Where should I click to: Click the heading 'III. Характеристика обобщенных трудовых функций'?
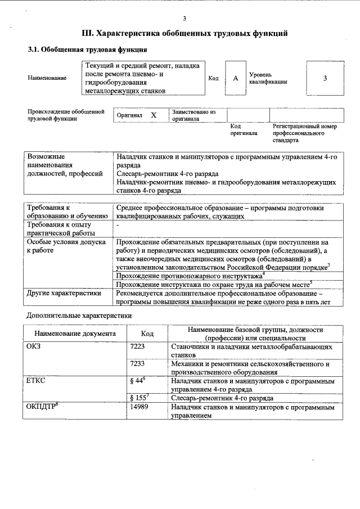185,34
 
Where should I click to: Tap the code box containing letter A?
236,78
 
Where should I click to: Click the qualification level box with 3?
325,78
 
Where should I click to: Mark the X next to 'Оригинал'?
154,115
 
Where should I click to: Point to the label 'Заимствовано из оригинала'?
193,115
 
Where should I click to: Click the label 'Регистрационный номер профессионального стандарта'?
304,134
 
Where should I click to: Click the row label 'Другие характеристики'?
64,293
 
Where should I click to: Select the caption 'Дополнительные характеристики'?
80,316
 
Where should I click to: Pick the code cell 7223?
137,347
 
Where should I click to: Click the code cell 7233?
137,364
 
